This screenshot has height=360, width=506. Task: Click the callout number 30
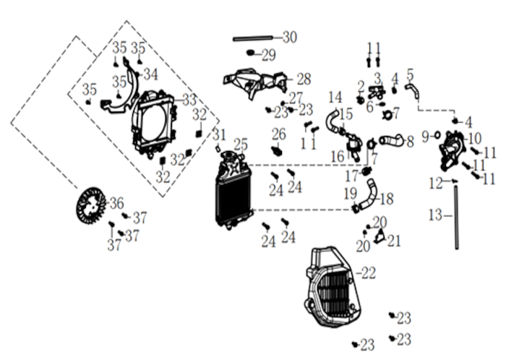[290, 38]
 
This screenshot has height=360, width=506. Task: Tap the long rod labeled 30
[253, 39]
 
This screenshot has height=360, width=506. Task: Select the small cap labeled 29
[250, 52]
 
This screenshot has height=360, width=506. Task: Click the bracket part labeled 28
[255, 84]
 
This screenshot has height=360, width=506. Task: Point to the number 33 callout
[189, 100]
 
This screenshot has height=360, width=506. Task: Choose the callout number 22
[369, 273]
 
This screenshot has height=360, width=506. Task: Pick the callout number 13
[436, 215]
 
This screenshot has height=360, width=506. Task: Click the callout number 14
[335, 97]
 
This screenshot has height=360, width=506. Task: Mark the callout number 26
[279, 134]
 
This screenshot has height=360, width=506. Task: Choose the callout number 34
[150, 74]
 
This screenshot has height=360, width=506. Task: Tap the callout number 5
[410, 74]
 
